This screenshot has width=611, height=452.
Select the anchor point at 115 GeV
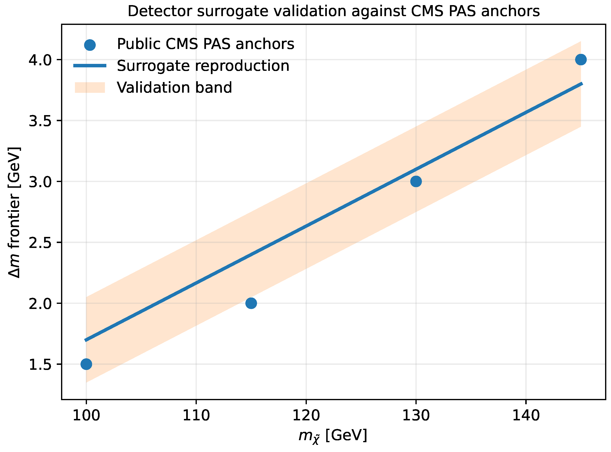click(x=251, y=303)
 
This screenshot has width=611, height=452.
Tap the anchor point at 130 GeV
click(x=416, y=181)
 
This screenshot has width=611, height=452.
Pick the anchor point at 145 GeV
click(x=581, y=59)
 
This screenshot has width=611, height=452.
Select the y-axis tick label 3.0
click(x=40, y=182)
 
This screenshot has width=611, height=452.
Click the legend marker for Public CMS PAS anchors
click(x=90, y=45)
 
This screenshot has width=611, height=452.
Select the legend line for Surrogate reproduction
click(x=90, y=65)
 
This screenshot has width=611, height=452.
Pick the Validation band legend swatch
click(x=90, y=88)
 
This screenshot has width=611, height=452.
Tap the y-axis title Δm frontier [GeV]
click(x=14, y=213)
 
